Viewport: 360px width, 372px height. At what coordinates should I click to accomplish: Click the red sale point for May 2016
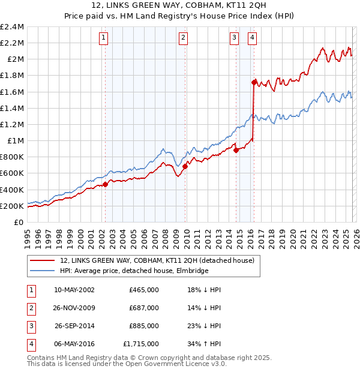point(254,82)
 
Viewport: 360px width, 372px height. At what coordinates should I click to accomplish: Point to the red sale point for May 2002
point(105,184)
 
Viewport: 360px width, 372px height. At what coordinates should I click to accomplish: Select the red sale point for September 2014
point(236,150)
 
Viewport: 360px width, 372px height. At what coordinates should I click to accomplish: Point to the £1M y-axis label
point(15,141)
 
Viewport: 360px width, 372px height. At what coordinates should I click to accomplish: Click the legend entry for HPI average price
point(134,271)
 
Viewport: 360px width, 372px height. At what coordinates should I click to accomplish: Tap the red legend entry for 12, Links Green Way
point(157,260)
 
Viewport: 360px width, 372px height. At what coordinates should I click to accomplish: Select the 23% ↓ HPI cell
point(204,326)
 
